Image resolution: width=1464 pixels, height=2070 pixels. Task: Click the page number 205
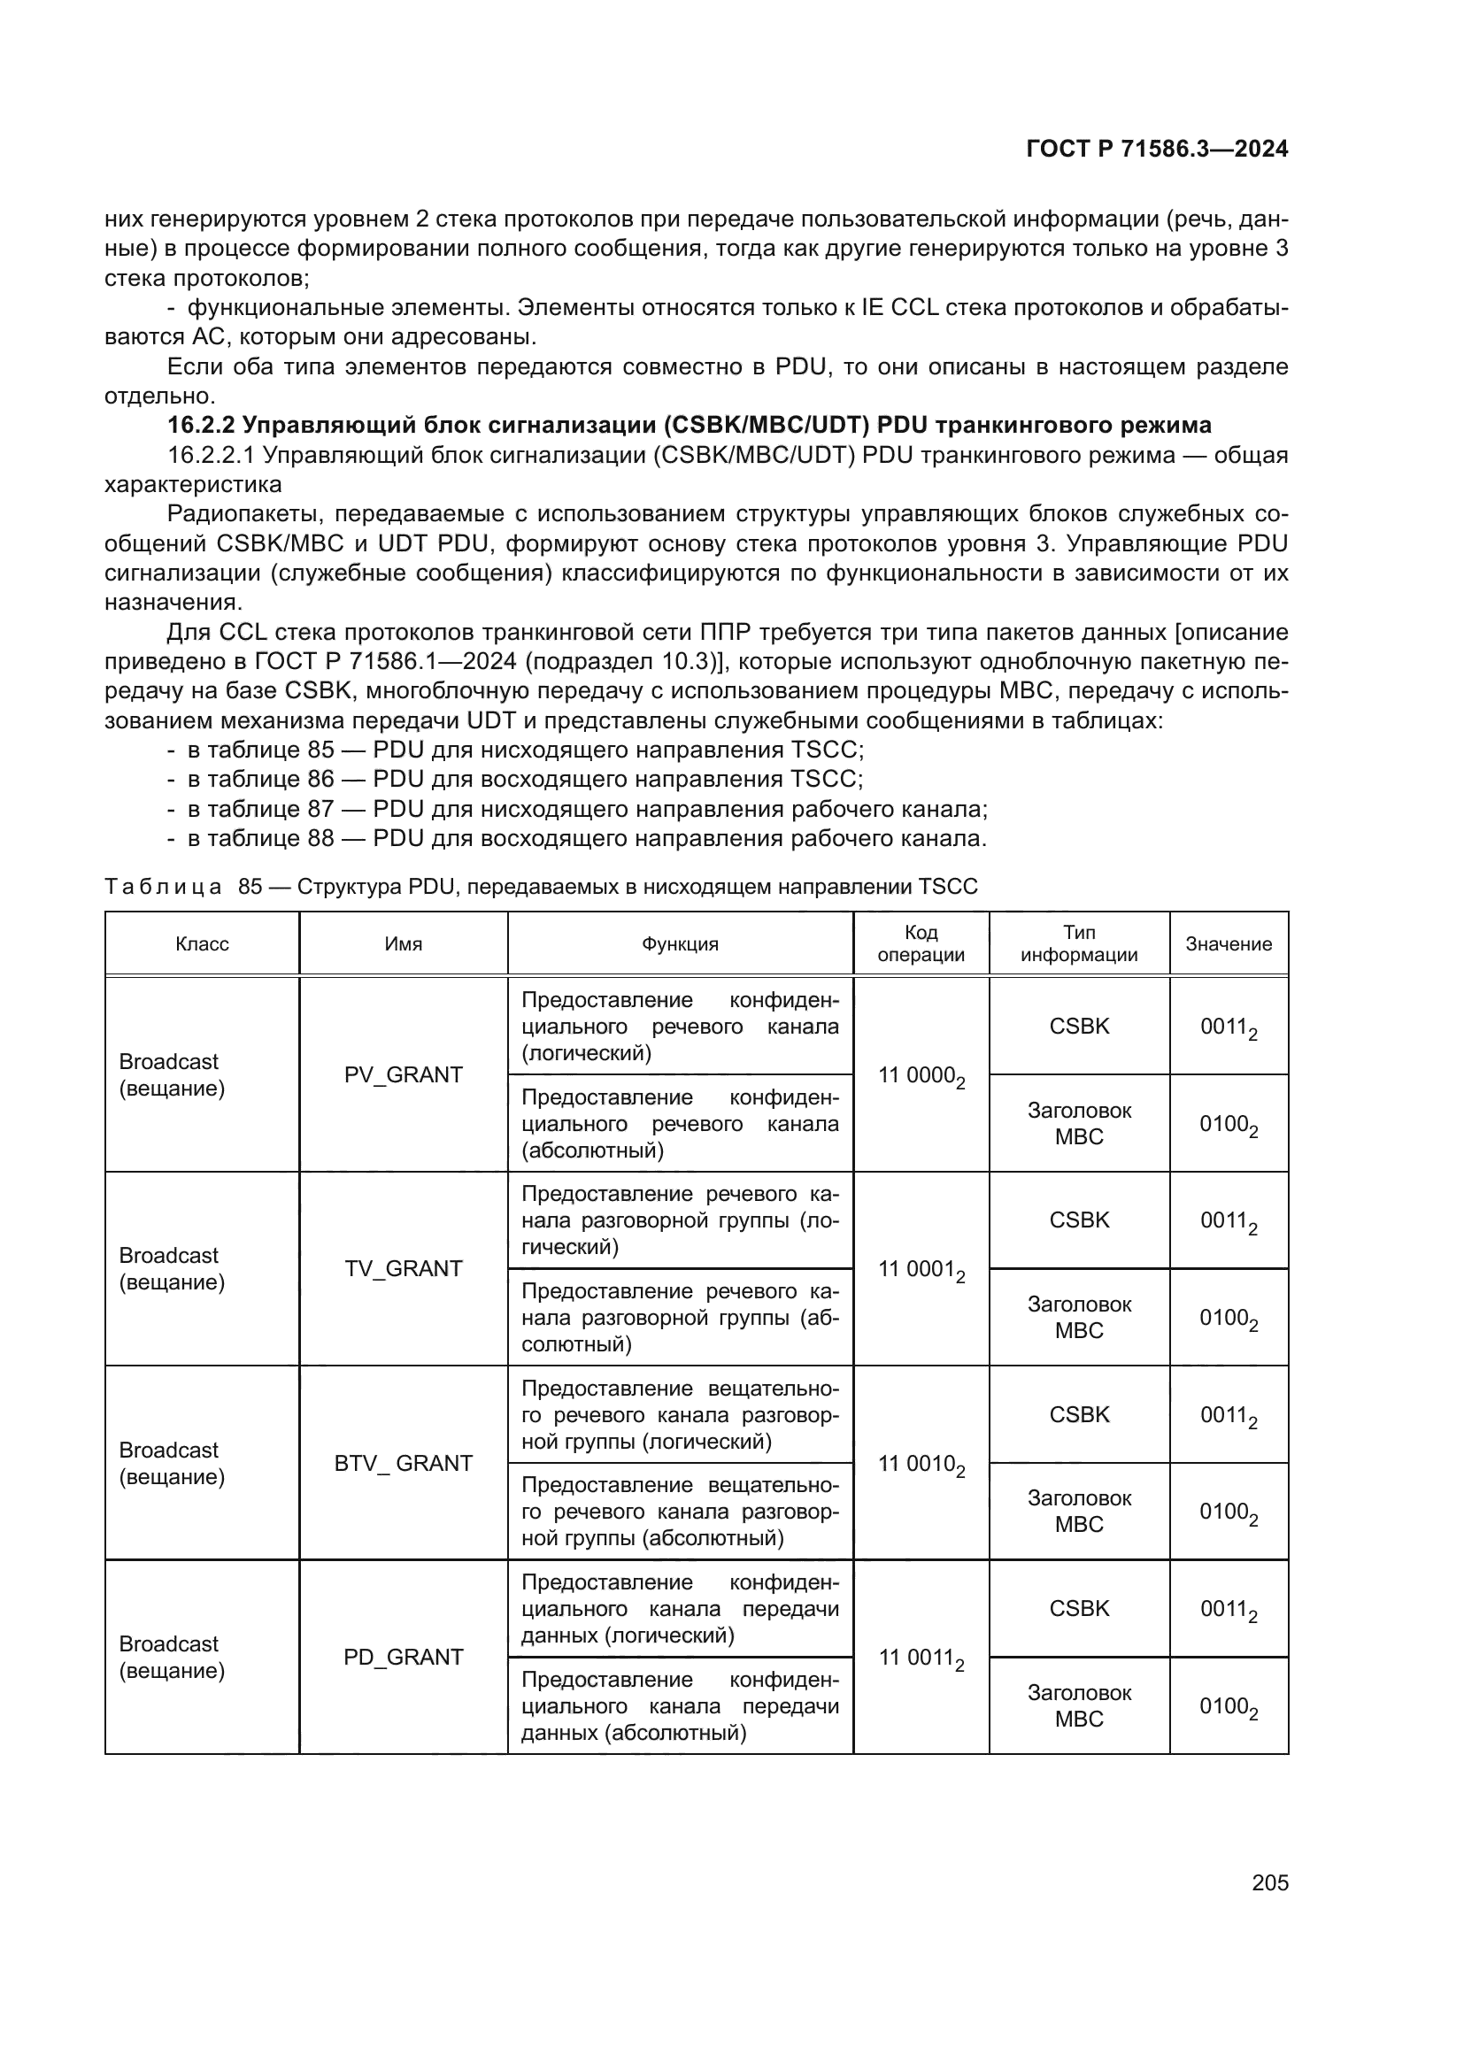(1269, 1882)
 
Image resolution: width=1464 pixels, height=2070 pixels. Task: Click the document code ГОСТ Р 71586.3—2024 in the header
(1157, 149)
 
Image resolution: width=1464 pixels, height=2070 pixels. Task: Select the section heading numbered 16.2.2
(689, 425)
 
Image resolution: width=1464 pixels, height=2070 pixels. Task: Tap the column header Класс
(202, 944)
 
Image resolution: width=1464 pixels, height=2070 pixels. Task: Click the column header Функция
(680, 944)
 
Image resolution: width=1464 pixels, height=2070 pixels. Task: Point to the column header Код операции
(921, 944)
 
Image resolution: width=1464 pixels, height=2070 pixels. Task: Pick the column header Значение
(1228, 944)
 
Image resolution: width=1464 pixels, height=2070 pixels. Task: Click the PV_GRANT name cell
(403, 1074)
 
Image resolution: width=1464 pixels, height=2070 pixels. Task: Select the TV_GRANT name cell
(403, 1268)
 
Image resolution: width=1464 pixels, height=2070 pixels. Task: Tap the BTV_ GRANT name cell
(403, 1463)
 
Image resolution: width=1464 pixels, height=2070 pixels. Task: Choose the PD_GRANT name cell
(403, 1657)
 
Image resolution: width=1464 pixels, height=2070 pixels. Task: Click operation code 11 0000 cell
(921, 1075)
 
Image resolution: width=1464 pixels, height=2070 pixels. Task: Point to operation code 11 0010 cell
(921, 1464)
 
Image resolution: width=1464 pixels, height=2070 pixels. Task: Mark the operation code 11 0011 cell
(921, 1658)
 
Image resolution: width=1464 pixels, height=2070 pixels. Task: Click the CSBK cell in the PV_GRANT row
(1079, 1026)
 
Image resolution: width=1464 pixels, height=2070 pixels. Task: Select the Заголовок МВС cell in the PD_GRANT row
(1079, 1705)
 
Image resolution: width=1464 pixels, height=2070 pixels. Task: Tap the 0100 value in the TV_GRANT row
(1228, 1318)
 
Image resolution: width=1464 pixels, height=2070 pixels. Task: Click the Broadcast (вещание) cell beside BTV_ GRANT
(172, 1463)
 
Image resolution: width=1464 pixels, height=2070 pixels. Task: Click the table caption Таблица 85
(541, 886)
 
